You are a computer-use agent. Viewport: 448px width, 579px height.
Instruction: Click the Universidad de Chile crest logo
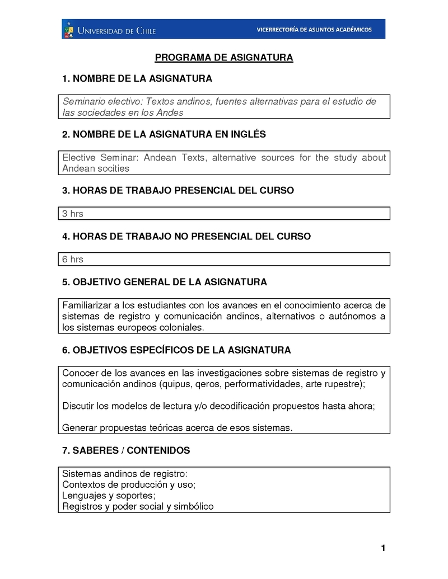[69, 29]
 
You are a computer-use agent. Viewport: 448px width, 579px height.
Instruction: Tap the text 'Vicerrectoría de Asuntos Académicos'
[314, 30]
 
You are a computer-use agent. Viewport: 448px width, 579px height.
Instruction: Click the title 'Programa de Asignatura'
[224, 58]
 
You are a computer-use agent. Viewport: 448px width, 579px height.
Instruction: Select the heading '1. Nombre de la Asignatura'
[137, 79]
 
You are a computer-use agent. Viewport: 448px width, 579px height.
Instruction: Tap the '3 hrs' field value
[73, 214]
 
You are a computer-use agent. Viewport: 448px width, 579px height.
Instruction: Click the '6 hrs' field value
[73, 259]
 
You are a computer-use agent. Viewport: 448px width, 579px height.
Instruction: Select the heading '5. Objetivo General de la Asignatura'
[165, 283]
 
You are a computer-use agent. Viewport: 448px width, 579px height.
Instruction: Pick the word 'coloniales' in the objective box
[183, 327]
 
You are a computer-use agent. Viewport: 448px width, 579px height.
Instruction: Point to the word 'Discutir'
[78, 406]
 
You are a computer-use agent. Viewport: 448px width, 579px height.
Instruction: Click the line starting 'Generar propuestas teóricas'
[177, 428]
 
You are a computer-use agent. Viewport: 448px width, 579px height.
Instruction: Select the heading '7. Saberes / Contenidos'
[126, 450]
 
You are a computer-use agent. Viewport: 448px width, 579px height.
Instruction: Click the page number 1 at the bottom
[383, 548]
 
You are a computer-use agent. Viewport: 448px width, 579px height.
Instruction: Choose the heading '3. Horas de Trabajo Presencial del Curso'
[178, 191]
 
